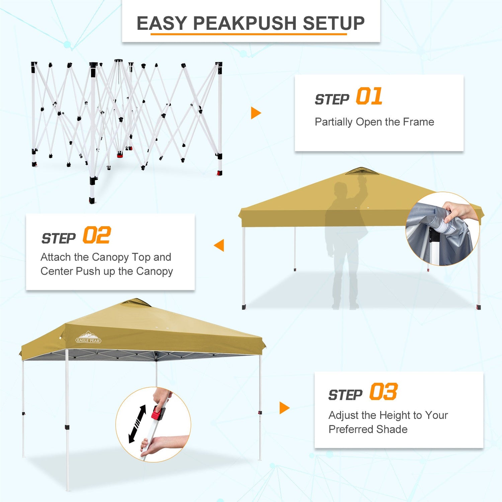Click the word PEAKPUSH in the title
(x=245, y=23)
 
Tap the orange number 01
(x=369, y=96)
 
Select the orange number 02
(x=97, y=235)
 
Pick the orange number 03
(x=384, y=392)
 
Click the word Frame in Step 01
(x=418, y=122)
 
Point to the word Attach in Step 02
(x=56, y=257)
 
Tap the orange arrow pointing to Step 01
(x=256, y=113)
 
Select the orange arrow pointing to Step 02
(x=219, y=245)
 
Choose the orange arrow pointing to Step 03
(x=284, y=408)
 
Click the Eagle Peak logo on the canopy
(x=88, y=337)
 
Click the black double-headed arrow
(x=138, y=424)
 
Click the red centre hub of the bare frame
(x=120, y=155)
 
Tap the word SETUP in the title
(x=334, y=23)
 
